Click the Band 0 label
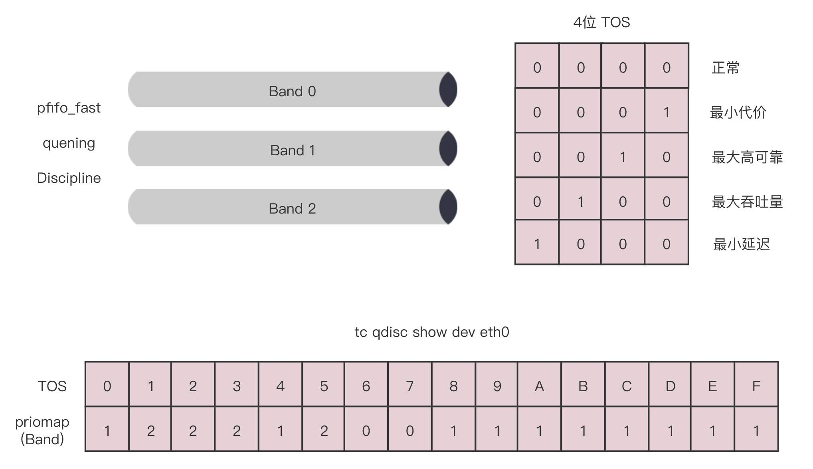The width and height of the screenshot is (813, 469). coord(292,91)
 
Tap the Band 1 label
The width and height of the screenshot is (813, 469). coord(293,150)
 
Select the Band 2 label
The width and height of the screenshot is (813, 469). coord(292,209)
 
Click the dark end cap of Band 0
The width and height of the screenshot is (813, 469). coord(448,89)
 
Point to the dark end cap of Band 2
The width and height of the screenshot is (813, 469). coord(448,207)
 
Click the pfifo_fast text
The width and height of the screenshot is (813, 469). coord(69,108)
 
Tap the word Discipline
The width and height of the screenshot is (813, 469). coord(69,178)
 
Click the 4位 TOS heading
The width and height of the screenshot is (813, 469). coord(601,22)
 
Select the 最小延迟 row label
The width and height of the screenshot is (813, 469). coord(741,244)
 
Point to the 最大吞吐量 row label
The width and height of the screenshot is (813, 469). coord(747,202)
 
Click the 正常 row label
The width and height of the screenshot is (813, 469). coord(725,68)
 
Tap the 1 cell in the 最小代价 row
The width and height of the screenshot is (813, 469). coord(666,113)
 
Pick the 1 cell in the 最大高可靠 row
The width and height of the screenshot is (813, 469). coord(623,157)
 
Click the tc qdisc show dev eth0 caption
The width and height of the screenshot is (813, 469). coord(432,332)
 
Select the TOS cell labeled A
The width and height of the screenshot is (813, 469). coord(539,386)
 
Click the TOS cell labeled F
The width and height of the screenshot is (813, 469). coord(756,386)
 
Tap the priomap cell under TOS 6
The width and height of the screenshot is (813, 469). coord(366,431)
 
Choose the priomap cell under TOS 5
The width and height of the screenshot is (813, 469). coord(324,431)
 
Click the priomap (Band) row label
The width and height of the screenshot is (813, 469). coord(42,430)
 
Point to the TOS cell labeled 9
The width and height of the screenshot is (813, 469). coord(497,386)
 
